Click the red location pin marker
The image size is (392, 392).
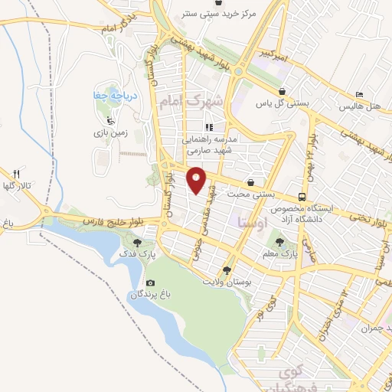coord(198,180)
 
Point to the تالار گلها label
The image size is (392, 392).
coord(17,186)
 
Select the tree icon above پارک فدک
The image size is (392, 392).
coord(127,241)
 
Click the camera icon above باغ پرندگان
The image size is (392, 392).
coord(149,283)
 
